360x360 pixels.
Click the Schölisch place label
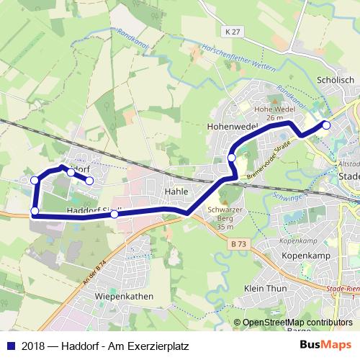tap(335, 80)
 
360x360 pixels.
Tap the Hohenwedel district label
tap(233, 125)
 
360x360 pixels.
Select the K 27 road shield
tap(231, 32)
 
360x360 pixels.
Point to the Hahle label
tap(176, 192)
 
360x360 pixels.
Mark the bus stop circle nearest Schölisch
tap(326, 125)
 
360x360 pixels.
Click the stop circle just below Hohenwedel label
tap(232, 157)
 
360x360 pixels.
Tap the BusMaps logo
tap(325, 346)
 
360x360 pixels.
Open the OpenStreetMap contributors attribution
tap(294, 323)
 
